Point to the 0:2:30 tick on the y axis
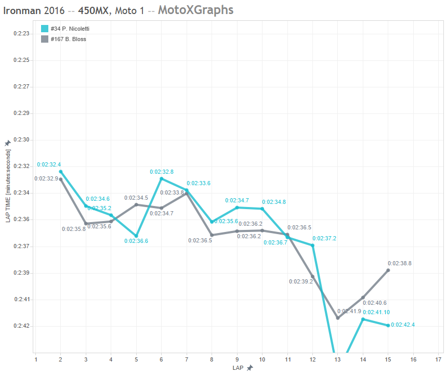coord(22,140)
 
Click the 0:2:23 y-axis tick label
coord(22,33)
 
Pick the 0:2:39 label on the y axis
coord(22,273)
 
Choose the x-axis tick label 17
coord(439,359)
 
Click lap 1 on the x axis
coord(35,359)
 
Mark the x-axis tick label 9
coord(237,359)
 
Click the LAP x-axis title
coord(239,368)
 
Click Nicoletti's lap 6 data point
coord(162,178)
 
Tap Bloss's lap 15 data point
coord(388,270)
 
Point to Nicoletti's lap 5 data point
coord(136,236)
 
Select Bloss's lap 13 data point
coord(338,318)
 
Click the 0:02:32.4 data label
coord(49,164)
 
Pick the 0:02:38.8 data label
coord(400,263)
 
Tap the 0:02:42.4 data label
coord(403,325)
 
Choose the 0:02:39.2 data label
coord(301,281)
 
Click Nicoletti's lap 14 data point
coord(363,319)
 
